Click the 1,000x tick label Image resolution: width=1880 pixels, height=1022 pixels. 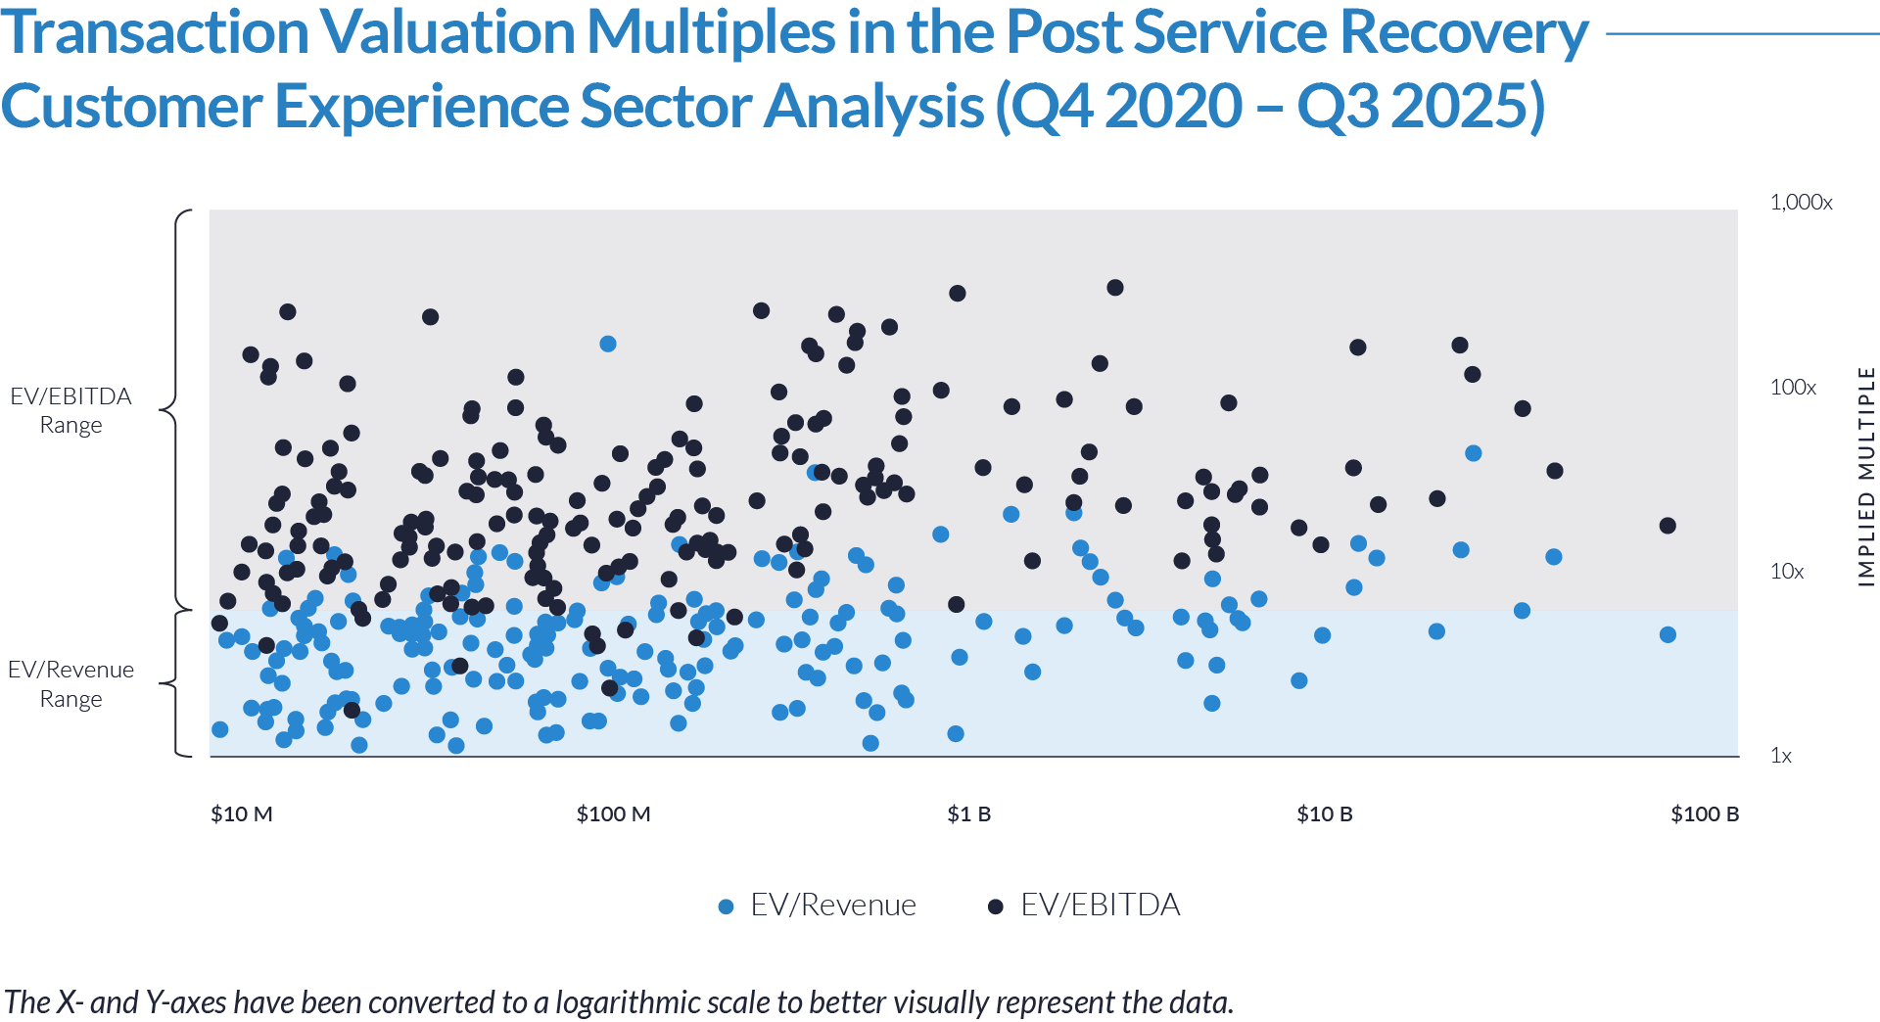[1801, 203]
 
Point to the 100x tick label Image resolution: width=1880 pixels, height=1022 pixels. [1792, 388]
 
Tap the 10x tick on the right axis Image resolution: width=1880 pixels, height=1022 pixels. [1786, 572]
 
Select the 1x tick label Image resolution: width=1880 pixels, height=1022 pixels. [1780, 756]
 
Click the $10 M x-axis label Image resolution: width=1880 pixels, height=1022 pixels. [241, 814]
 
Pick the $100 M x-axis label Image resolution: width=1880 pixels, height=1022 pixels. [613, 814]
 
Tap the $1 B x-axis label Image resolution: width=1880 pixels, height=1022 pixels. [968, 814]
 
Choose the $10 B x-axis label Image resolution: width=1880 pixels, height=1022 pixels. [1324, 814]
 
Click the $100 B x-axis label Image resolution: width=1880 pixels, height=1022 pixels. [1704, 814]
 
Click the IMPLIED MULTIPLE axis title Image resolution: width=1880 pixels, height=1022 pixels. [1866, 477]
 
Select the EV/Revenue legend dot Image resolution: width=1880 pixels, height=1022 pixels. [726, 906]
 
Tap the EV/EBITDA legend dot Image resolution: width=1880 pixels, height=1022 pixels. [995, 906]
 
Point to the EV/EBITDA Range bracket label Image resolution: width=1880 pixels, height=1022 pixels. [70, 410]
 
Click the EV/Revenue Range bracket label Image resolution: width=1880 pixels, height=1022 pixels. [70, 683]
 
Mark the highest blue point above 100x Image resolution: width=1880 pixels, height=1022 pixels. [607, 344]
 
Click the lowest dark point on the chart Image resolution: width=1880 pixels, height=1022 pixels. [352, 710]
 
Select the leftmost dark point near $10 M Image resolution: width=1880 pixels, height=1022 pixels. [219, 624]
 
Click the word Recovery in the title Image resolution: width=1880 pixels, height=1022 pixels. [1463, 33]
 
